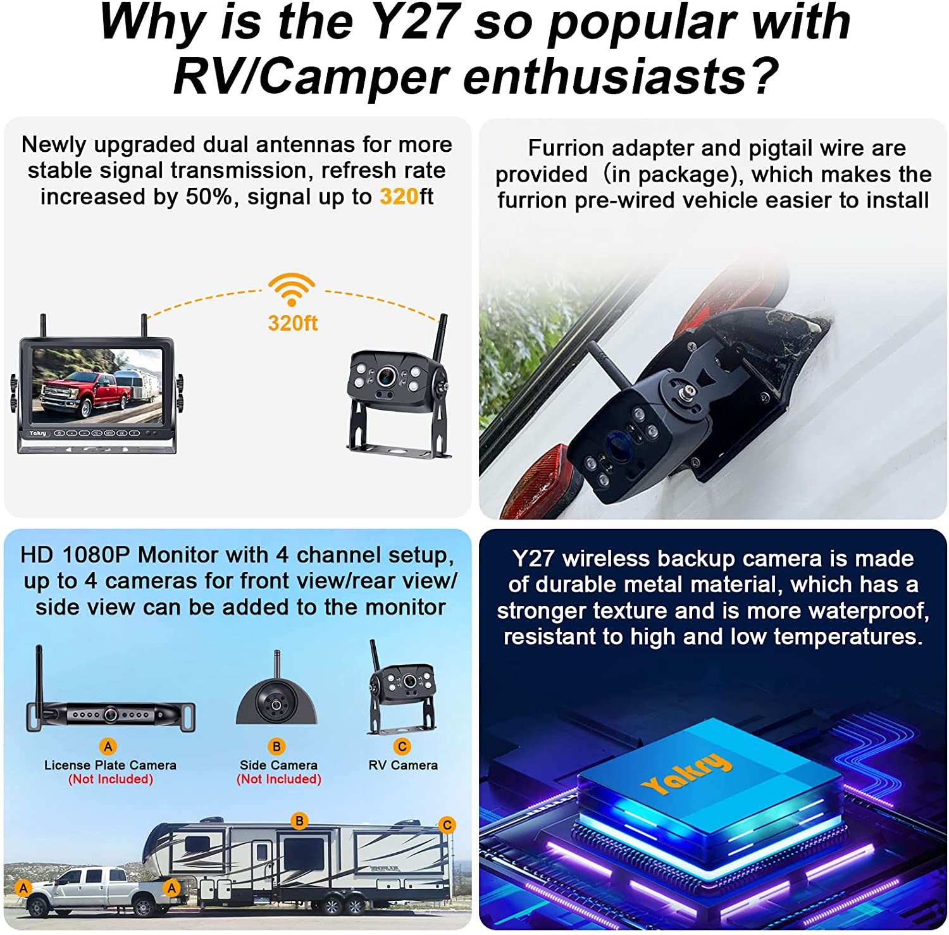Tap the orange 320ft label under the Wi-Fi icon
point(292,323)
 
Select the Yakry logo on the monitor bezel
point(37,433)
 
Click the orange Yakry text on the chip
point(686,774)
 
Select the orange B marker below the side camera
point(276,746)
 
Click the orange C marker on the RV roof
point(447,825)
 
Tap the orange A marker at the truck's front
point(23,888)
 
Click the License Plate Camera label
point(110,765)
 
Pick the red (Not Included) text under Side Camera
point(279,779)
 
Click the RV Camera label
point(403,765)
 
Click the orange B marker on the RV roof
point(299,821)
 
